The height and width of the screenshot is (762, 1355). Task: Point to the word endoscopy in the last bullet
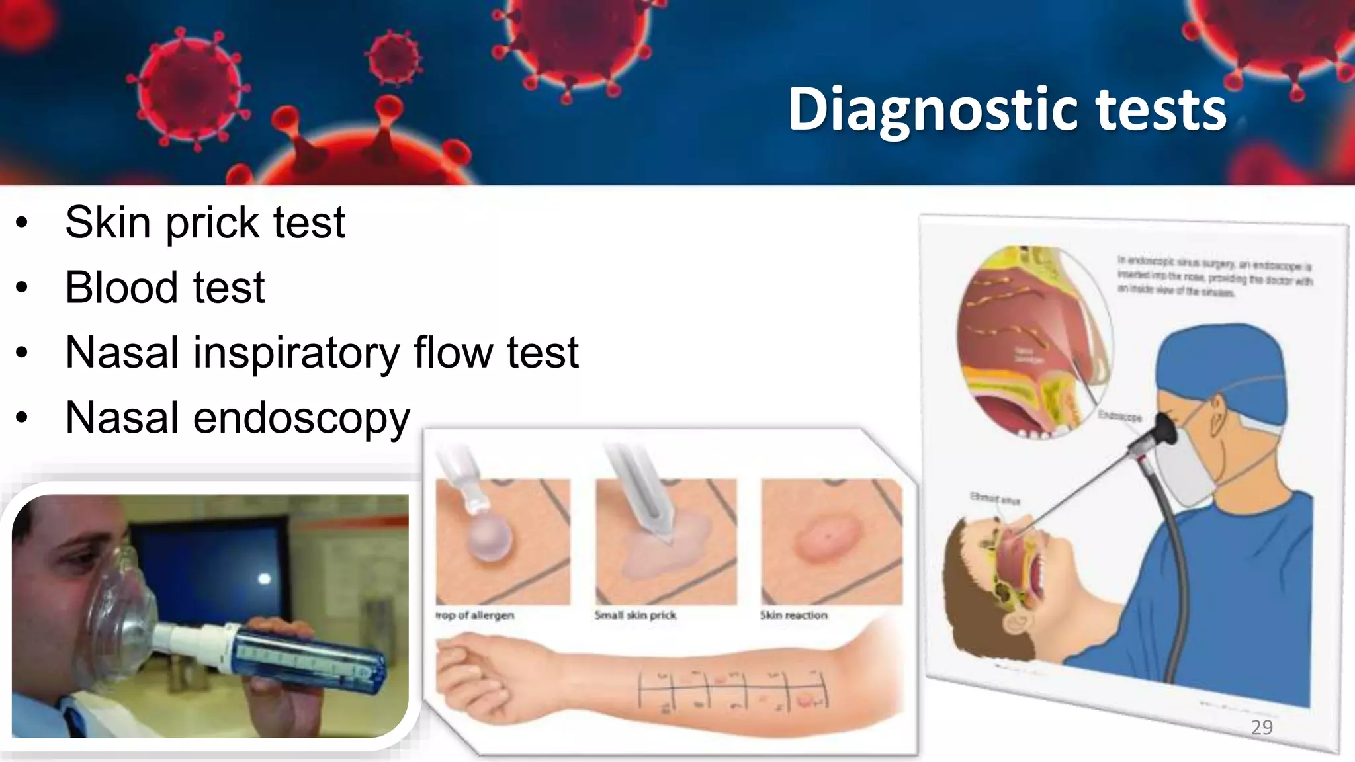click(x=301, y=419)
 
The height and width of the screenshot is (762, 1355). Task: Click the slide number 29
click(x=1262, y=728)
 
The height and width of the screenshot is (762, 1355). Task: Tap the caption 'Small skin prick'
click(x=635, y=615)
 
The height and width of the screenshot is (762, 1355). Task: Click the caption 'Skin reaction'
click(x=793, y=615)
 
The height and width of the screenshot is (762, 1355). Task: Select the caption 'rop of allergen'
click(x=475, y=615)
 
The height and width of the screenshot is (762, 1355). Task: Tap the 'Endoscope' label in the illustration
click(x=1119, y=417)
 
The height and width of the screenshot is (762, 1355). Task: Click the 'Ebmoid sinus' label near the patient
click(x=994, y=498)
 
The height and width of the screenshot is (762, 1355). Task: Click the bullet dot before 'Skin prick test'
click(x=22, y=224)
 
